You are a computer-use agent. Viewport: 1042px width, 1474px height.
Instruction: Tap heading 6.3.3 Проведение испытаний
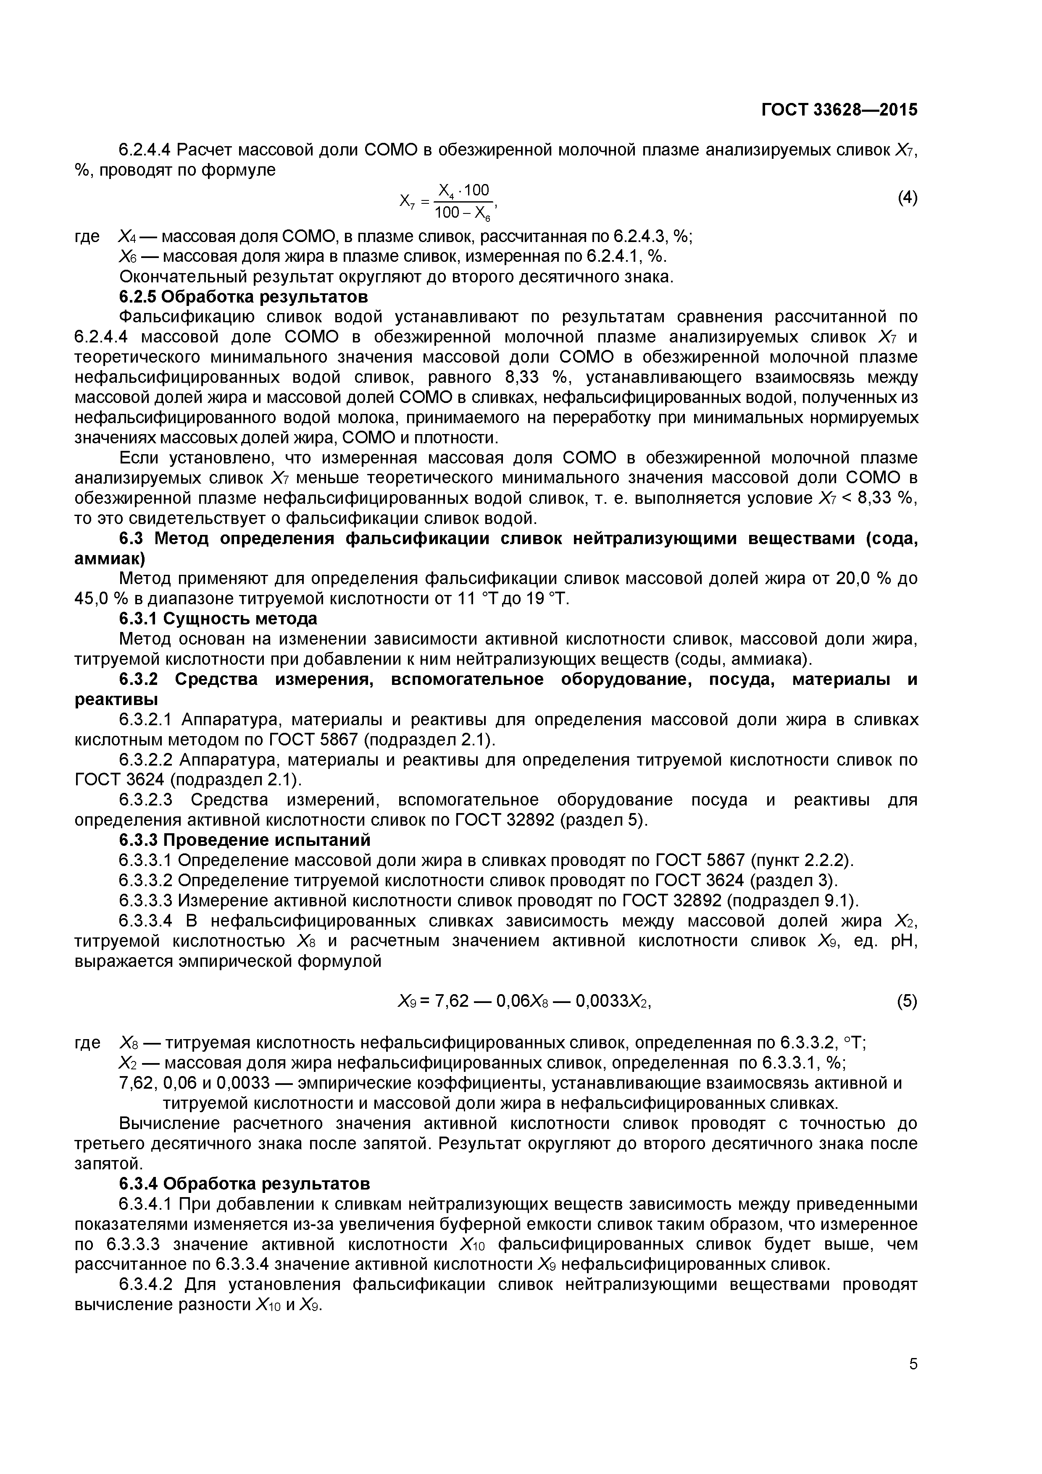point(245,840)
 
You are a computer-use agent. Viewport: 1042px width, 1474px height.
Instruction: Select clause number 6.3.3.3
point(146,900)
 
